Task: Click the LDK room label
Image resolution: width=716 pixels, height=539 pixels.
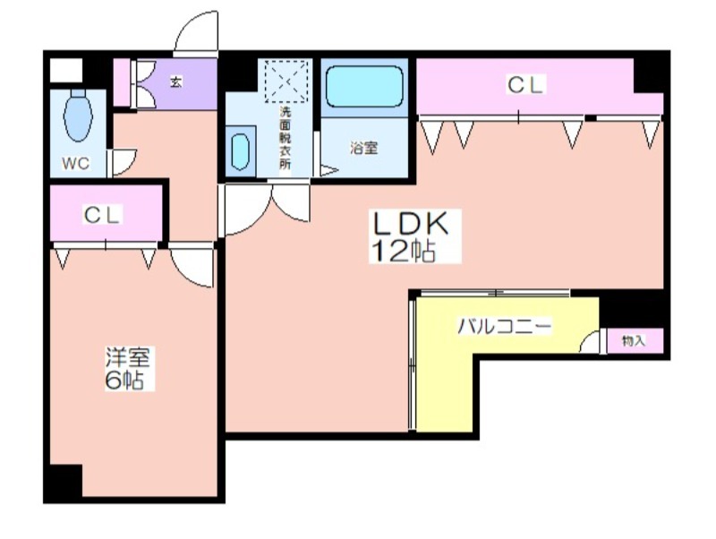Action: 411,224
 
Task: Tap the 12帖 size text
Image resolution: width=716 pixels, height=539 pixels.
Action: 404,251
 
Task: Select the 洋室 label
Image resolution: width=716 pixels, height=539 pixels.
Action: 127,356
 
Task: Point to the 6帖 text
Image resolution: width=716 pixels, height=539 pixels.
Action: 124,380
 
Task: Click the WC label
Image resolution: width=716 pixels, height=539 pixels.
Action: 76,163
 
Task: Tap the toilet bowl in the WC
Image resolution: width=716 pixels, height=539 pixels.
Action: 78,115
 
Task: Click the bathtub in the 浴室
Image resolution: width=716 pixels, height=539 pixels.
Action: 364,86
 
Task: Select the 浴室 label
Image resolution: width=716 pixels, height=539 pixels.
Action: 364,148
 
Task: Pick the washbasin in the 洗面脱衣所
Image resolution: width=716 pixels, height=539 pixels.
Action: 240,151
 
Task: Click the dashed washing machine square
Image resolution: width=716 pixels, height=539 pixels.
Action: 286,81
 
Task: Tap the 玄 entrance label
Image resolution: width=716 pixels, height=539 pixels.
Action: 175,82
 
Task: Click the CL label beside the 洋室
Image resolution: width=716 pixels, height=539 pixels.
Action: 102,215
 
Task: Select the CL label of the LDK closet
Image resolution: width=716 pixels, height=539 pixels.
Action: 525,85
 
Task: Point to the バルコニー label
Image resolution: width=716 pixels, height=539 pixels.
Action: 505,327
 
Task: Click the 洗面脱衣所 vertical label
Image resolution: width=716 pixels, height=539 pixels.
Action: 285,139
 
